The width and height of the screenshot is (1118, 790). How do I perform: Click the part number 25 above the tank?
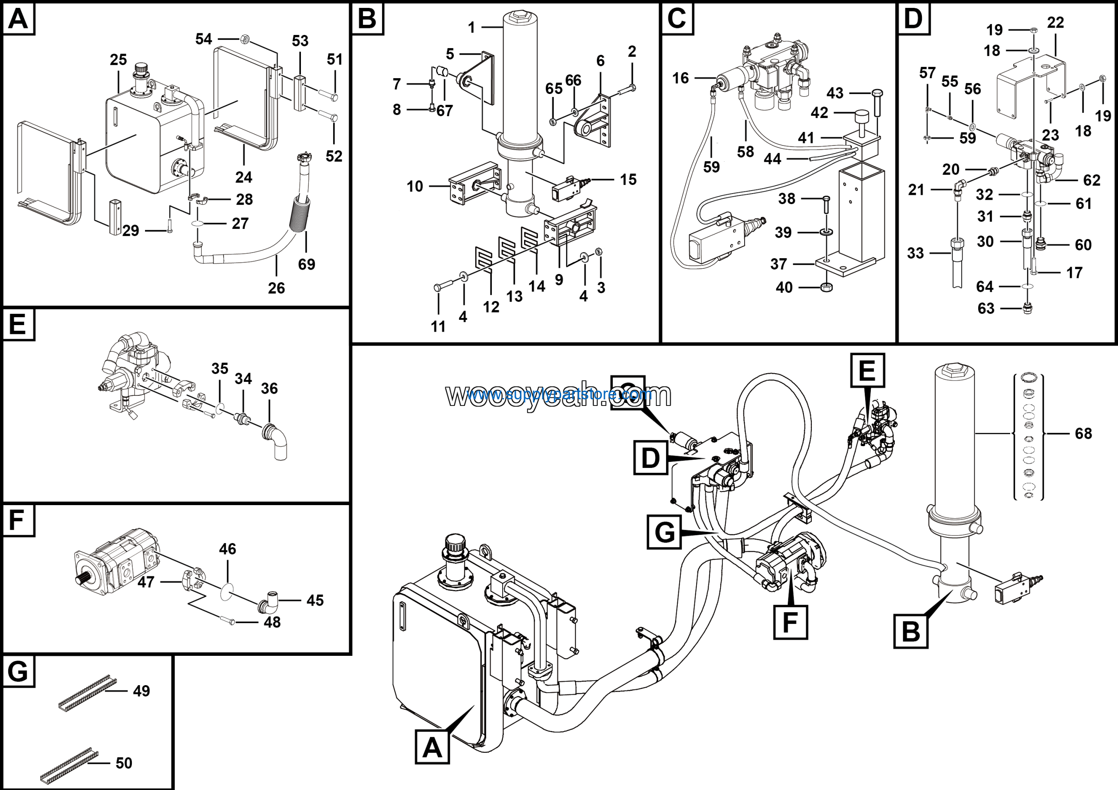118,60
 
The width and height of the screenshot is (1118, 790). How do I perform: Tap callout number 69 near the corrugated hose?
306,264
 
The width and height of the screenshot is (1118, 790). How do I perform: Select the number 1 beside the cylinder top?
471,28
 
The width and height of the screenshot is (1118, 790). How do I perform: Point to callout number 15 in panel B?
628,180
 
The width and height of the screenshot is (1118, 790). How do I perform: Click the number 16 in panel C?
680,78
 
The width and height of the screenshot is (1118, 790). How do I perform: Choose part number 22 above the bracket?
1055,22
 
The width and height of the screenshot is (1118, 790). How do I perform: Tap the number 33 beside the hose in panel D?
915,253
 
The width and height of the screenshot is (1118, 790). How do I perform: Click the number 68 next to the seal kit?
1083,433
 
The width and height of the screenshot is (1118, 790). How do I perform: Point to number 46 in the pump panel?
228,549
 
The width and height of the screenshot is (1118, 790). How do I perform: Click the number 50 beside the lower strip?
124,763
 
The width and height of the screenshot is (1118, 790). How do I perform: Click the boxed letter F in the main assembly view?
790,622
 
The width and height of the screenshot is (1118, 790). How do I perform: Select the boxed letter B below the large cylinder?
911,632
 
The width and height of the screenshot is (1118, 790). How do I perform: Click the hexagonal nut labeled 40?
826,288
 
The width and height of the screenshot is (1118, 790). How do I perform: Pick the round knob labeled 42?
861,117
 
